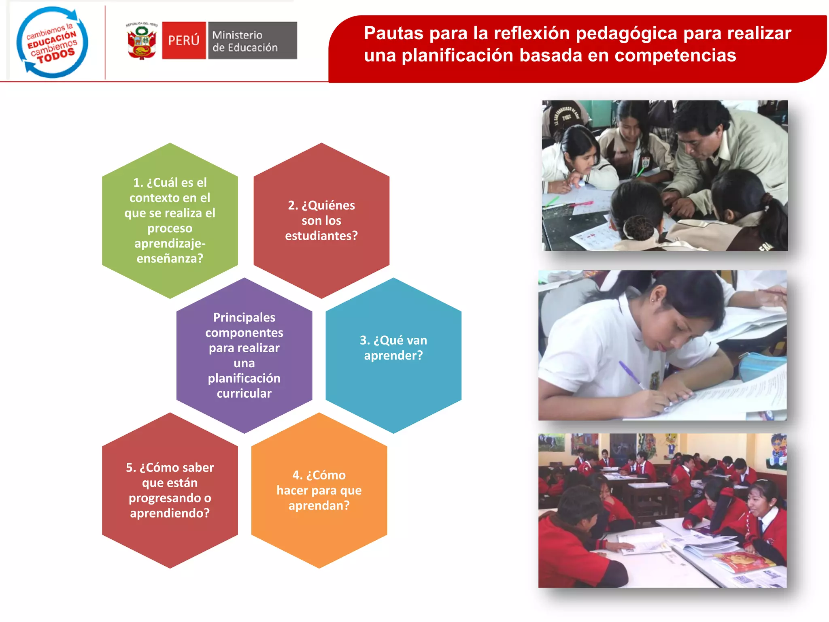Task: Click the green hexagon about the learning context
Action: tap(170, 220)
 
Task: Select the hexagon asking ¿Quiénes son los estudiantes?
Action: tap(321, 220)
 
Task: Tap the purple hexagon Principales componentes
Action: tap(244, 355)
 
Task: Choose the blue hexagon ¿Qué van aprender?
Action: tap(393, 355)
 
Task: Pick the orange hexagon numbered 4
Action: tap(319, 490)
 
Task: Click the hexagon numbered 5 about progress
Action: tap(170, 490)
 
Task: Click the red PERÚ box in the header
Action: tap(184, 40)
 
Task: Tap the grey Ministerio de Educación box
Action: tap(252, 40)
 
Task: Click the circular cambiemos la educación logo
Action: tap(52, 42)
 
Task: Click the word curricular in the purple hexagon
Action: tap(244, 393)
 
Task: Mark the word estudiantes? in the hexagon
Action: tap(321, 236)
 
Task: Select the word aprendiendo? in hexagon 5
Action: tap(170, 513)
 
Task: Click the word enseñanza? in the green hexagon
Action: tap(170, 258)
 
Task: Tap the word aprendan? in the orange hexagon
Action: tap(319, 505)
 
